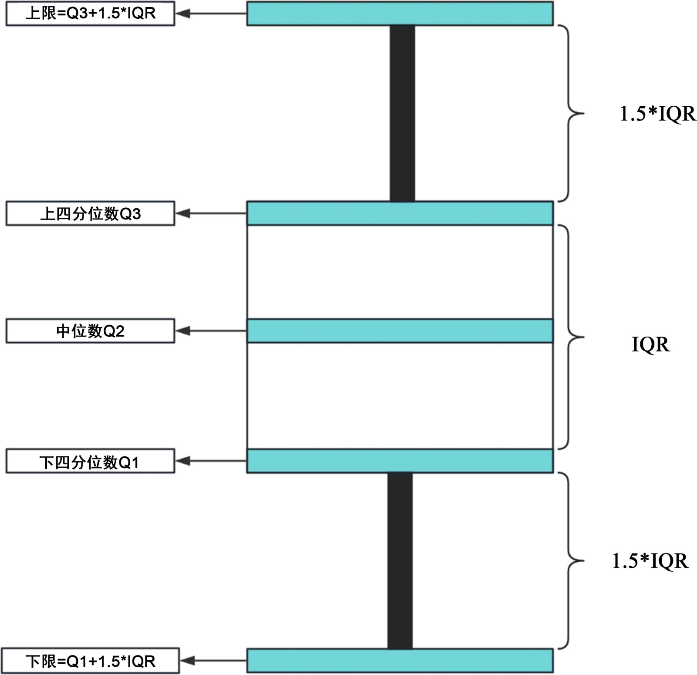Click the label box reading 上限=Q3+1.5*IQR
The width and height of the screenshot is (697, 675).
click(90, 13)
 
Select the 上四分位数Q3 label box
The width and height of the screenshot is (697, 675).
click(90, 213)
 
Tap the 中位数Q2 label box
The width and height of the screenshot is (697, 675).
click(90, 331)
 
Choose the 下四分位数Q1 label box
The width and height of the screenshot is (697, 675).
click(90, 461)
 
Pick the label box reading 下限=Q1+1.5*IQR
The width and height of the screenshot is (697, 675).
click(90, 661)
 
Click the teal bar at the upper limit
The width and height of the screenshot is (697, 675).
click(400, 13)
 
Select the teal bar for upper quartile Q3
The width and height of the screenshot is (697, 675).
click(400, 213)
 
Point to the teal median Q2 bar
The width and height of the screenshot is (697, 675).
click(400, 331)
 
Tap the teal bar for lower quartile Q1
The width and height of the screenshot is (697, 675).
click(400, 461)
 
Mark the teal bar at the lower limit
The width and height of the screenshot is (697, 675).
click(400, 661)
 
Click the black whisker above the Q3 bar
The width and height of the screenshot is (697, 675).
click(402, 113)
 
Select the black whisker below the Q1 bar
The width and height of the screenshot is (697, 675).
click(400, 561)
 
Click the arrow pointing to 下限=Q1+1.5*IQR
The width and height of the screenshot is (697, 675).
click(213, 661)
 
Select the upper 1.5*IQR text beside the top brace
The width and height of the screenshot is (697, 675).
click(658, 114)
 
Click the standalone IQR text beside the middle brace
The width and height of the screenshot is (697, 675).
click(650, 345)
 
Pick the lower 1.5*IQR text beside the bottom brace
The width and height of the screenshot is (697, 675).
click(650, 561)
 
